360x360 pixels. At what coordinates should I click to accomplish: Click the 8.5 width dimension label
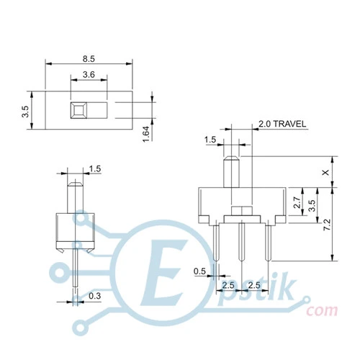89,59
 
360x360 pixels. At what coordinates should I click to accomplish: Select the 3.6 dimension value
89,75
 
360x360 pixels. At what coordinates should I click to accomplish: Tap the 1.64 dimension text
146,134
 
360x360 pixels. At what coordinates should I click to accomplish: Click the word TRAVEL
289,124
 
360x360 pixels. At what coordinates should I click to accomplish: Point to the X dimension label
325,172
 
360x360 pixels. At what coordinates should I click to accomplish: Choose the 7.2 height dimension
327,225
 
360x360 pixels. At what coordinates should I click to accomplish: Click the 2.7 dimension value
297,202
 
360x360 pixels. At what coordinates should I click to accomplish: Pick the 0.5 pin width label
199,271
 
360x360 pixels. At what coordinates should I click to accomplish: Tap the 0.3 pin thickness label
95,296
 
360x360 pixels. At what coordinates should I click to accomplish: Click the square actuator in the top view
78,110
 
